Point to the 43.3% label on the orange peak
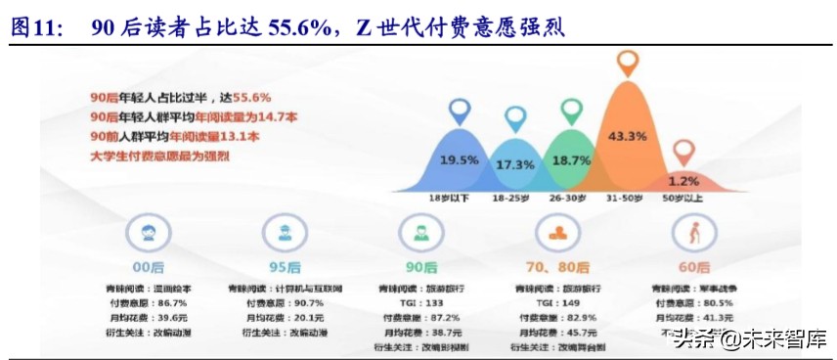627,135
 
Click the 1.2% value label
683,181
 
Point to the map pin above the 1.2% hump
683,151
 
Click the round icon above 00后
146,235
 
